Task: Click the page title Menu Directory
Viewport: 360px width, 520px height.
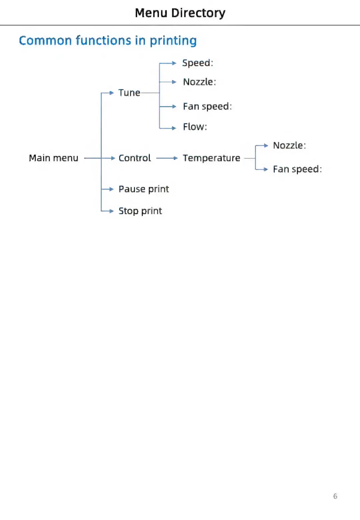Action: tap(180, 13)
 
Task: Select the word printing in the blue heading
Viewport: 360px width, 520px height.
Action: tap(173, 41)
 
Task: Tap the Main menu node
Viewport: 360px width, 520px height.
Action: tap(53, 158)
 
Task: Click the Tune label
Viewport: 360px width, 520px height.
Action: tap(129, 93)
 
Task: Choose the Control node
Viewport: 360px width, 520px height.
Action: tap(135, 158)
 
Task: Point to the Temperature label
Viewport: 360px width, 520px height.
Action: tap(211, 158)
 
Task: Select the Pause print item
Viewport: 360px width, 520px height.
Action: tap(144, 189)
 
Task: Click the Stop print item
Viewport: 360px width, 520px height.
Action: tap(140, 211)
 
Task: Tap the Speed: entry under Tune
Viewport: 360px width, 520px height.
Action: tap(198, 63)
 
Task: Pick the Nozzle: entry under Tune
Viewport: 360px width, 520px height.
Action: tap(199, 82)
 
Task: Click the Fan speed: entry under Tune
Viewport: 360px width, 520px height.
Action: tap(207, 107)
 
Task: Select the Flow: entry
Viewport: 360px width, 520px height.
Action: tap(195, 127)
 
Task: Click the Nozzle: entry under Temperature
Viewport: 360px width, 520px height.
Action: tap(289, 146)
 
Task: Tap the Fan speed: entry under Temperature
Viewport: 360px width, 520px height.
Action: tap(297, 169)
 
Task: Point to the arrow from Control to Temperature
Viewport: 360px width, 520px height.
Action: tap(167, 158)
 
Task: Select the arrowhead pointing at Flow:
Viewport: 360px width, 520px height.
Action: tap(174, 128)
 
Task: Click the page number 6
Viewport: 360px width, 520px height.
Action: tap(335, 496)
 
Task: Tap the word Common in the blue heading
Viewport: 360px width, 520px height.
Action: tap(45, 41)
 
